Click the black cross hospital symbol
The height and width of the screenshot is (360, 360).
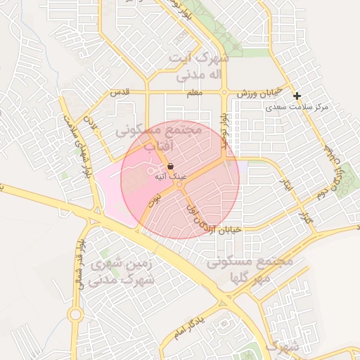297,96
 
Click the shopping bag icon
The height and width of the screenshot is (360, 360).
171,166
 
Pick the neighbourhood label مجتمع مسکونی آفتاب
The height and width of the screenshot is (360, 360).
161,139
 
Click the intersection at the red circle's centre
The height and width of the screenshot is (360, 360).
181,180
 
